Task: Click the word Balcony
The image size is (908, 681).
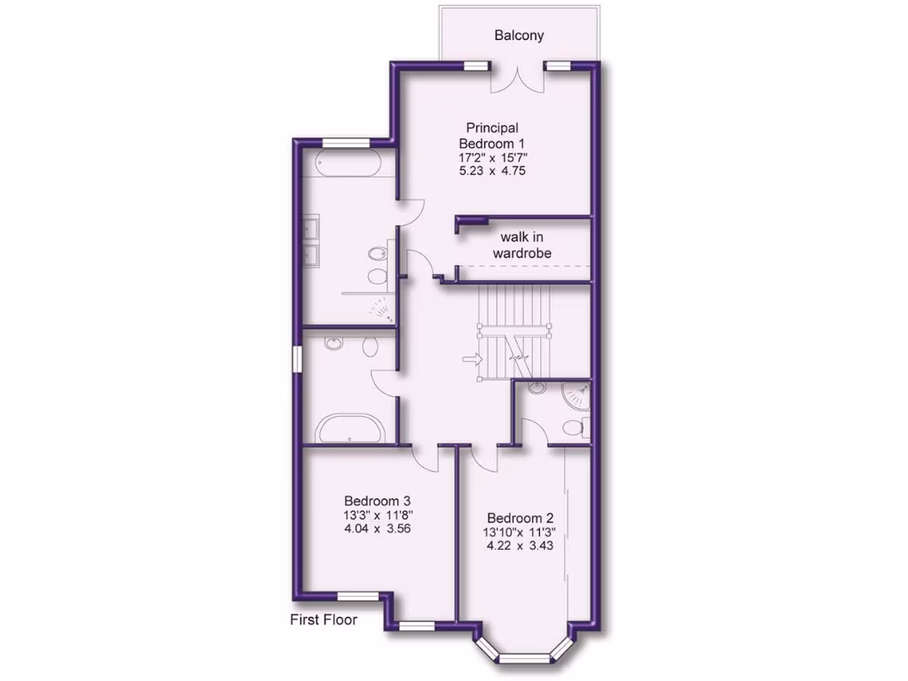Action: click(519, 36)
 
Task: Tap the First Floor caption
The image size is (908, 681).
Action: click(324, 620)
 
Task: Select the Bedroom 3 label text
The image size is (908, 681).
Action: click(377, 500)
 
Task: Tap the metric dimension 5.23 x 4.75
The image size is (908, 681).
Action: click(493, 171)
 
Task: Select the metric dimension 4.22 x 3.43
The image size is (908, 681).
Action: click(520, 546)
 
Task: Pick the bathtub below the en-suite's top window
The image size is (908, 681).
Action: click(348, 163)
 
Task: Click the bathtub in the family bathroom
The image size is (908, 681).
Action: click(351, 430)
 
